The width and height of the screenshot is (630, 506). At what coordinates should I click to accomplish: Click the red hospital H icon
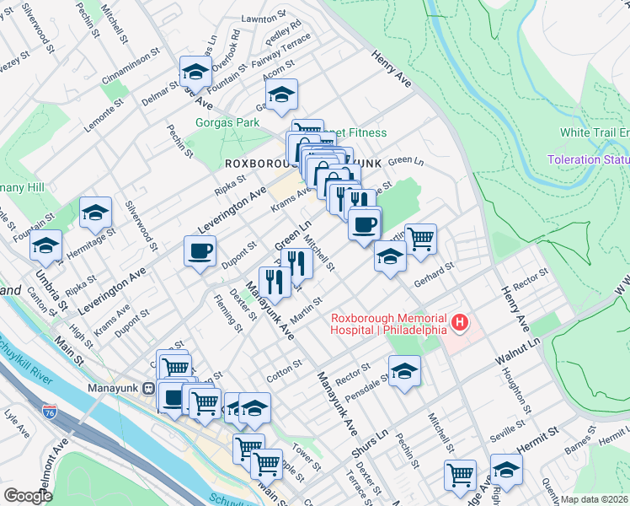coord(460,322)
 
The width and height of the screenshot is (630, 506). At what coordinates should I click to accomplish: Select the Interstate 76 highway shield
coord(50,412)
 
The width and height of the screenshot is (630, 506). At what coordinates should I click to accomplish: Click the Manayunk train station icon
coord(147,389)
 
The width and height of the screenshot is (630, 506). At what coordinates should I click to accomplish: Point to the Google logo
coord(28,496)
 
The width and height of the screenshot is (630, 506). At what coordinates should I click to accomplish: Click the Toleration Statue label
coord(587,159)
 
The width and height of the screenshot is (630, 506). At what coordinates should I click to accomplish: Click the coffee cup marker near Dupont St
coord(200,251)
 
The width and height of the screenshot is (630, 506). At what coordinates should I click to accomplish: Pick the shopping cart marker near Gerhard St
coord(420,239)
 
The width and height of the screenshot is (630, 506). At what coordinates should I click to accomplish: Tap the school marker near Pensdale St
coord(404,370)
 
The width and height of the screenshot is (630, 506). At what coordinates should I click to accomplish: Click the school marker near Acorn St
coord(283,94)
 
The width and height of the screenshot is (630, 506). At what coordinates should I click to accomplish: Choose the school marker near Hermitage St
coord(95,212)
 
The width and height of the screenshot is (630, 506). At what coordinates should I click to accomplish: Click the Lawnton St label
coord(264,18)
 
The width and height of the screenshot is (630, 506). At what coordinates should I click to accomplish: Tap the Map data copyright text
coord(595,499)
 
